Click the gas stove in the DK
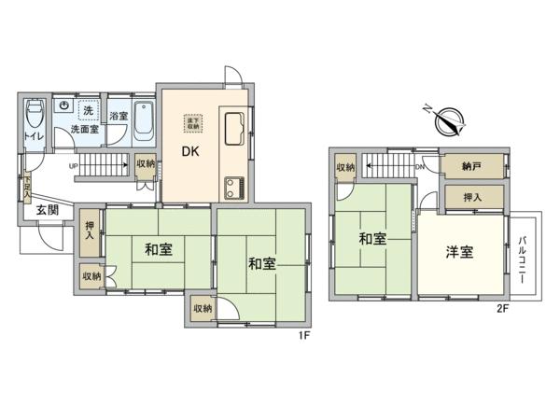232,185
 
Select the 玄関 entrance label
49,211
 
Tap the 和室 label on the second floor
373,239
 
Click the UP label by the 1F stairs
74,166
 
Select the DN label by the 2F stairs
419,167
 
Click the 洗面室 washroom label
85,130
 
